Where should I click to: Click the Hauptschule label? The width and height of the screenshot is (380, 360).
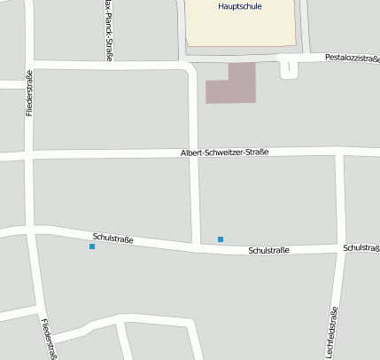(239, 6)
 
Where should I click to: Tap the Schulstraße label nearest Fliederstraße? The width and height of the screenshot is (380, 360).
(112, 238)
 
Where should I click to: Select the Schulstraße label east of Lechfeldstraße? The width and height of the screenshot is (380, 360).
(361, 248)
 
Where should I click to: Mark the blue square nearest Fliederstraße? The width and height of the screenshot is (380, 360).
(92, 247)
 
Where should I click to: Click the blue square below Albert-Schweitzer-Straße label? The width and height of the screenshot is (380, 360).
(221, 239)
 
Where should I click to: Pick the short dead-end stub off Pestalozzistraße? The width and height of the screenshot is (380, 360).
(288, 70)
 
